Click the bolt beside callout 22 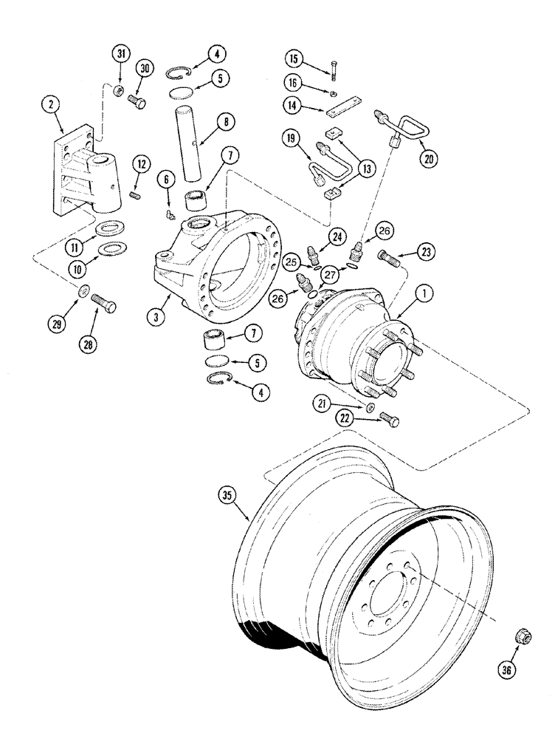pos(390,420)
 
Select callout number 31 pos(120,54)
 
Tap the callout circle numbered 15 pos(294,58)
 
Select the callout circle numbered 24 pos(337,237)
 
